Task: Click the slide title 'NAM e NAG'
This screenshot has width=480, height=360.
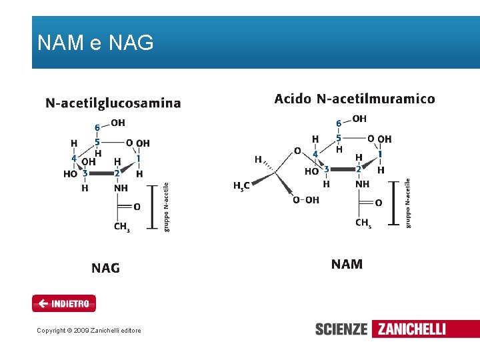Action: (x=95, y=43)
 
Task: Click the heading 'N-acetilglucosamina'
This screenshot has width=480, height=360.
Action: (x=113, y=103)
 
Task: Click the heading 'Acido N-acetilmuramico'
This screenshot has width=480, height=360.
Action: (x=354, y=99)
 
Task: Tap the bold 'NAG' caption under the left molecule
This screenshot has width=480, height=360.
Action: (x=105, y=268)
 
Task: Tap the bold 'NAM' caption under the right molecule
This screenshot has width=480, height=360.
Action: (x=347, y=264)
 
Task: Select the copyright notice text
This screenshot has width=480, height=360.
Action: (x=89, y=330)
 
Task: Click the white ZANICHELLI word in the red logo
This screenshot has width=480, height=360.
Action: (x=411, y=329)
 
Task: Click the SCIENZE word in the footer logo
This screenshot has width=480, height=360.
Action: (x=341, y=329)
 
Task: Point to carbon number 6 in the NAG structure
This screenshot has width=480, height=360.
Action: (x=97, y=127)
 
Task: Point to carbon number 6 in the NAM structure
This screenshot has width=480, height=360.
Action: (x=339, y=123)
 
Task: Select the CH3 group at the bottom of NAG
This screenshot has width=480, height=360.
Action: (x=121, y=227)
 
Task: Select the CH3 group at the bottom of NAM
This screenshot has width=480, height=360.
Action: (x=363, y=223)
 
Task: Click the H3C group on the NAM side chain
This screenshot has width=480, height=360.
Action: (x=241, y=186)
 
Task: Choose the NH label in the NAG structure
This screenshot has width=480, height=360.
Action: (x=121, y=189)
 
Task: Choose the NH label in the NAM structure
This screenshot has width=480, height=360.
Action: (x=362, y=184)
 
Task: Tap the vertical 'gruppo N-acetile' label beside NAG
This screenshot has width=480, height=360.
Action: (x=166, y=207)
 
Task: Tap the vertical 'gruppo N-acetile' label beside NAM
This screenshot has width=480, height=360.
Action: (x=407, y=203)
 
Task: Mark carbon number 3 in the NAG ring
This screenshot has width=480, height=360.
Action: (x=85, y=173)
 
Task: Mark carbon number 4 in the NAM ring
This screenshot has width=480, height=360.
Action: (x=315, y=154)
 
